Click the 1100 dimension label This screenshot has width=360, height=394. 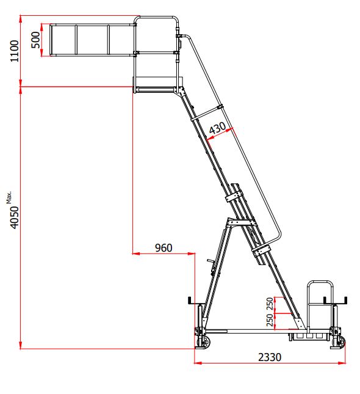[14, 51]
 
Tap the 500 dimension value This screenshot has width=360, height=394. [35, 40]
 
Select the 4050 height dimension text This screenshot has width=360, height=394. [15, 217]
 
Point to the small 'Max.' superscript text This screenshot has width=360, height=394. [9, 197]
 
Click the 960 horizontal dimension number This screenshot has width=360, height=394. [164, 248]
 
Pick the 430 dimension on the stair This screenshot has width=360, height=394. [217, 128]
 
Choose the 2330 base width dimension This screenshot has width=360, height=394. [270, 357]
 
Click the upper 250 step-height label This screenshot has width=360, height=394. [270, 304]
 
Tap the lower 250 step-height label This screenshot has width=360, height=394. [270, 320]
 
